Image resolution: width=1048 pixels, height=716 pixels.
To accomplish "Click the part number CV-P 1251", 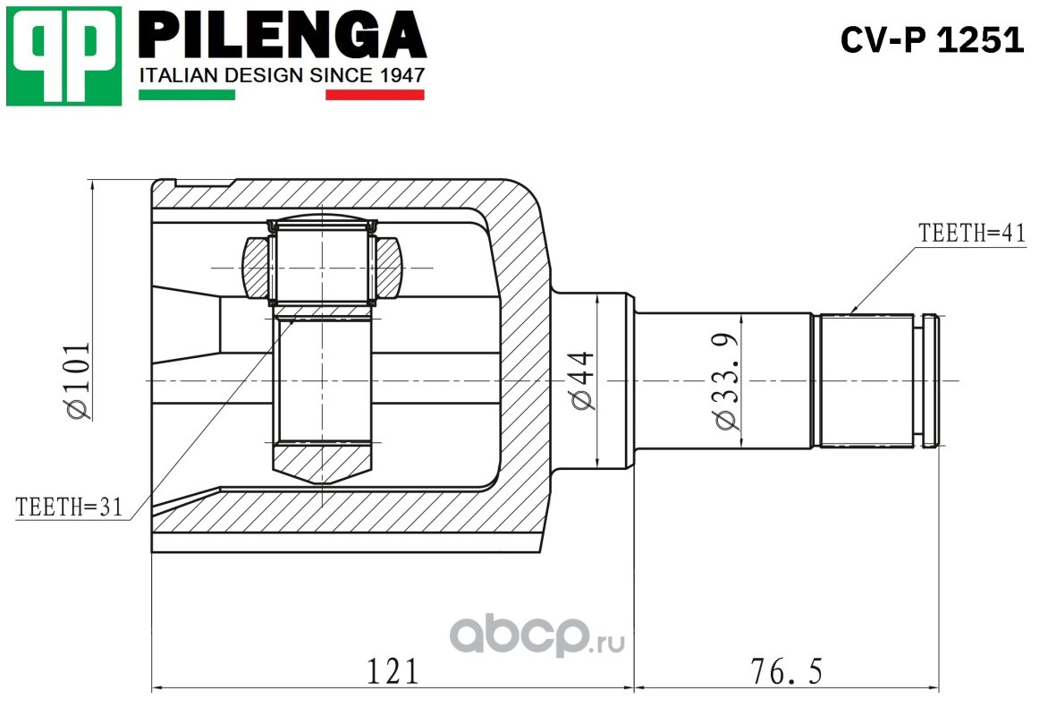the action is (x=932, y=40).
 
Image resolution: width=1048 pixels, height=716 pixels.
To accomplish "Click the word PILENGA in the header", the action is (x=282, y=37).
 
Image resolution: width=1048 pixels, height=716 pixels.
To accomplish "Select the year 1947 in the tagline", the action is (x=401, y=75).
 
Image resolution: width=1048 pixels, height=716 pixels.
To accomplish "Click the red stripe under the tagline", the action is (x=375, y=94).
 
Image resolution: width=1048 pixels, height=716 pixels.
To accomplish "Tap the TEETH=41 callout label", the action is (x=970, y=233).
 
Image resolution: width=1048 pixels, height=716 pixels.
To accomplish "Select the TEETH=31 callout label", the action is (x=69, y=507).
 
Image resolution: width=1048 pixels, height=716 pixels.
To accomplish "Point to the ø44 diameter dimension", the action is (x=583, y=380).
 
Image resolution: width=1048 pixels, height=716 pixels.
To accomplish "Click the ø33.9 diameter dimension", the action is (x=727, y=380).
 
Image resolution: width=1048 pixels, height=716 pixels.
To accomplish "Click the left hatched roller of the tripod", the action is (x=255, y=268).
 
